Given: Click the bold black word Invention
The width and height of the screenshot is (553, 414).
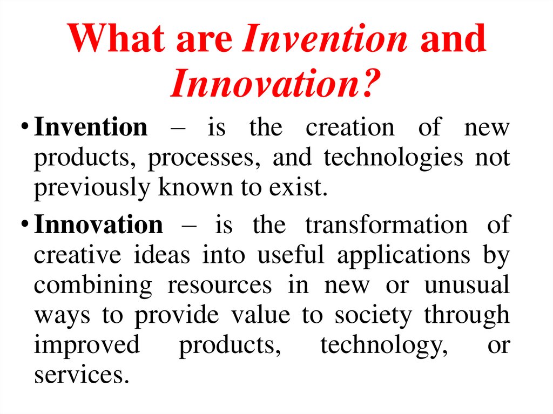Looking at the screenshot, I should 90,128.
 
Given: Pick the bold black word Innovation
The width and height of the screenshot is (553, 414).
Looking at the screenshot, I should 98,224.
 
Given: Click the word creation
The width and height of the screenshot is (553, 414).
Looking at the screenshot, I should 349,128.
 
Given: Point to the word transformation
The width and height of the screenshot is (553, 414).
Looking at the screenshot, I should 386,224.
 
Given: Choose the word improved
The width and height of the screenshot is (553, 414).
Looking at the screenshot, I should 86,345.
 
